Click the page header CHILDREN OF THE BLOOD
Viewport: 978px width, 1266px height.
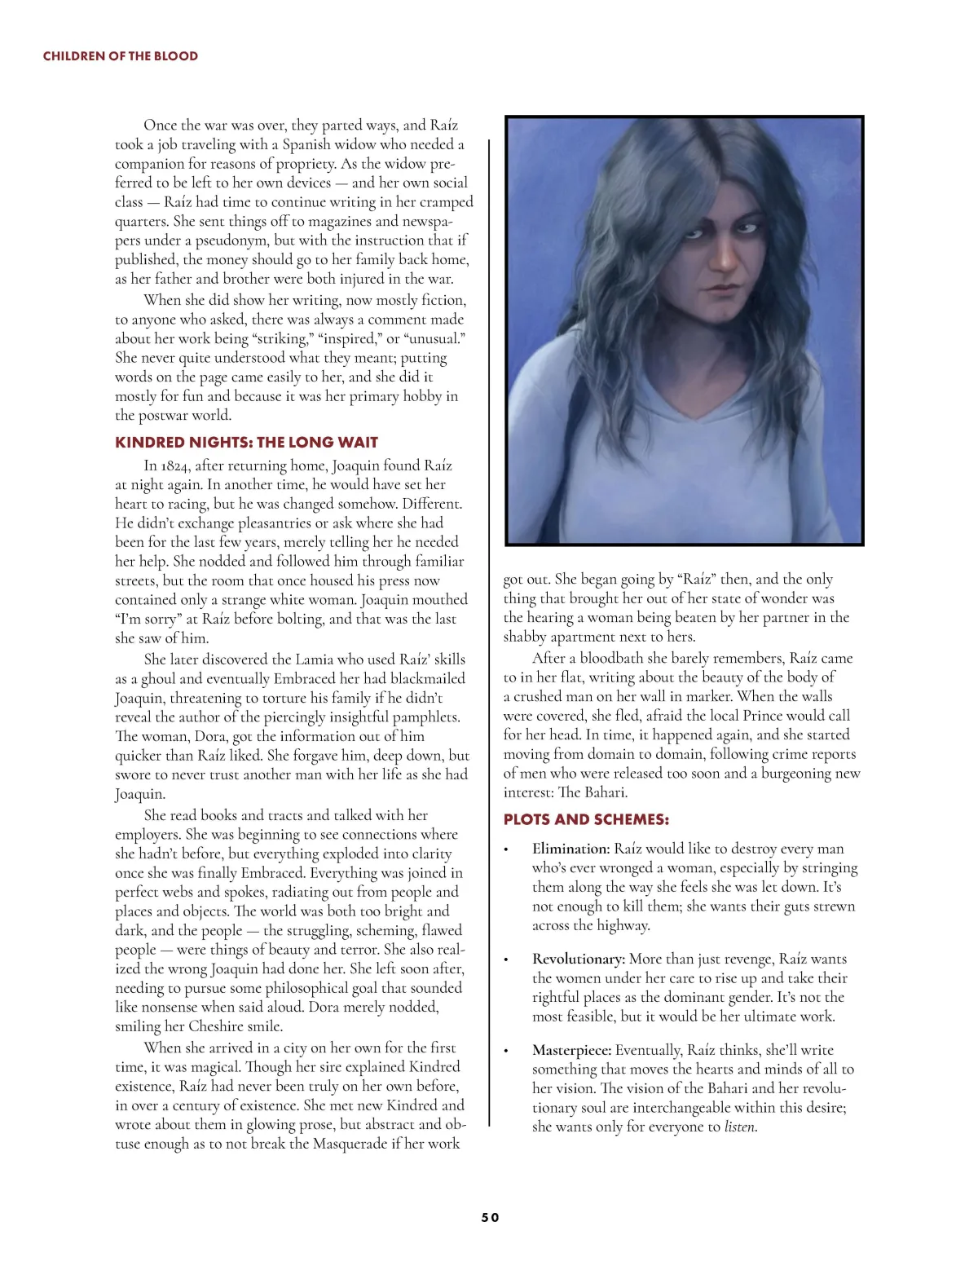tap(120, 56)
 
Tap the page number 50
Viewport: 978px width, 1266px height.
tap(490, 1217)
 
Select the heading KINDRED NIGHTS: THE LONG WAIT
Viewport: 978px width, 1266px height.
tap(246, 443)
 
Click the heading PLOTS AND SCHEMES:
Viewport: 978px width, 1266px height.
tap(586, 819)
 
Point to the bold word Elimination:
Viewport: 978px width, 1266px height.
tap(570, 849)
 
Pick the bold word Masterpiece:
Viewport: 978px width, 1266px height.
tap(572, 1050)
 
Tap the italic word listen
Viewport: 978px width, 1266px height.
tap(740, 1127)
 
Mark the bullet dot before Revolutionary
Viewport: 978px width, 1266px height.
tap(507, 960)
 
